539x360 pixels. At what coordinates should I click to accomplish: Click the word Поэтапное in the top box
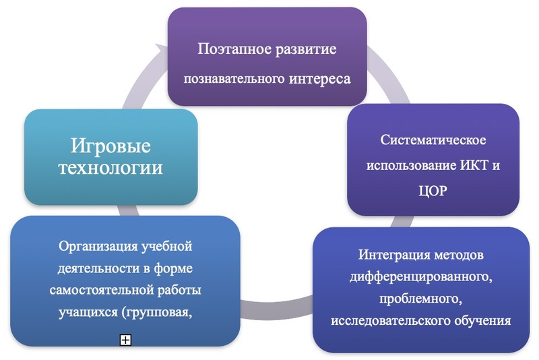pos(233,50)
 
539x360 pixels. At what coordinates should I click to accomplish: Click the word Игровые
pos(112,145)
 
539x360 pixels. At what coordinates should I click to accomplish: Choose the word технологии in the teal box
pos(112,167)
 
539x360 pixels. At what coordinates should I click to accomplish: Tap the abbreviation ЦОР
pos(433,191)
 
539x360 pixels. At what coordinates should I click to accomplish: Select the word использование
pos(411,165)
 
